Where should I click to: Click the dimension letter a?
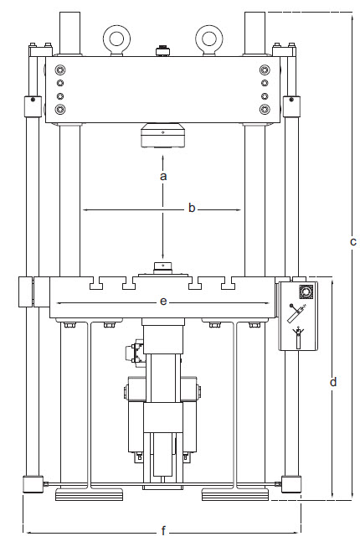pyautogui.click(x=163, y=177)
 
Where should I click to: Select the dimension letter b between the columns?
pyautogui.click(x=192, y=208)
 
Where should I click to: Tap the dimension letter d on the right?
pyautogui.click(x=332, y=382)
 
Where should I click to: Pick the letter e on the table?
pyautogui.click(x=163, y=299)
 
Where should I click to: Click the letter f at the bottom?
pyautogui.click(x=163, y=530)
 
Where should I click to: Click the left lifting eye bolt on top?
pyautogui.click(x=115, y=37)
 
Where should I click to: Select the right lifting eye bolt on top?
pyautogui.click(x=208, y=37)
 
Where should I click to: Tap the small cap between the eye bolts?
pyautogui.click(x=162, y=52)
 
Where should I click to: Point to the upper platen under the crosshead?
pyautogui.click(x=162, y=136)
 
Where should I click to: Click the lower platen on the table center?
pyautogui.click(x=162, y=270)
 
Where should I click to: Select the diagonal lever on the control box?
pyautogui.click(x=296, y=317)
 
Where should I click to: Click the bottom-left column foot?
pyautogui.click(x=32, y=485)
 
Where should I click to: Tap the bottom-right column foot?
pyautogui.click(x=293, y=485)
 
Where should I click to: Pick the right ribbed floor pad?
pyautogui.click(x=235, y=496)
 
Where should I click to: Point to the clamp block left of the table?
pyautogui.click(x=25, y=291)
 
